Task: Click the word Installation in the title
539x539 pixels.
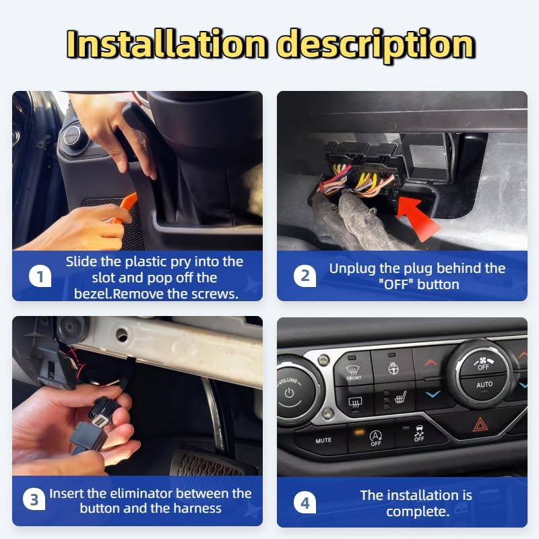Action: pyautogui.click(x=166, y=44)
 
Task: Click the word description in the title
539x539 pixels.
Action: pyautogui.click(x=376, y=46)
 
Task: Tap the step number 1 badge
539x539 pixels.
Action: pyautogui.click(x=40, y=276)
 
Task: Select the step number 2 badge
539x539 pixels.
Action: pyautogui.click(x=305, y=276)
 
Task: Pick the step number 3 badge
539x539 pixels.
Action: pyautogui.click(x=34, y=499)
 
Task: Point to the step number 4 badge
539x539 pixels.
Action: pyautogui.click(x=305, y=503)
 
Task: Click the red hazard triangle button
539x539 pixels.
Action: pyautogui.click(x=479, y=424)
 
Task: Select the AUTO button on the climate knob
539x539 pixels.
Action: pyautogui.click(x=484, y=385)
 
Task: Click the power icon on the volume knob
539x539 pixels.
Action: pyautogui.click(x=290, y=392)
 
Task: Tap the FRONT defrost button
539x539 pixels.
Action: pyautogui.click(x=353, y=369)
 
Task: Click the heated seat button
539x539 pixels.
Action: pyautogui.click(x=398, y=399)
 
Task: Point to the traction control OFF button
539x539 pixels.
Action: pyautogui.click(x=418, y=433)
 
